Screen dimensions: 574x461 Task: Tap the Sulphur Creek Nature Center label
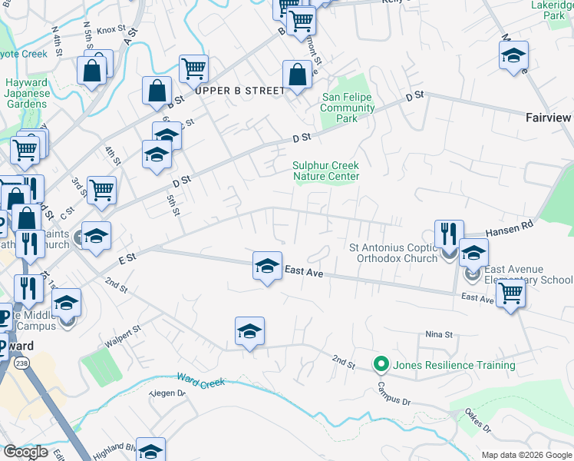[x=326, y=171]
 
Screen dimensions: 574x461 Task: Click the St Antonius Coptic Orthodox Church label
[x=393, y=253]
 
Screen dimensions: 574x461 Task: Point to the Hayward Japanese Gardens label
[x=28, y=94]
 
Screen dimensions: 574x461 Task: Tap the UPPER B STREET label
[x=239, y=91]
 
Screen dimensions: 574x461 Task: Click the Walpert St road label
[x=124, y=336]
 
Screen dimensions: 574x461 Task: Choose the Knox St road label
[x=111, y=30]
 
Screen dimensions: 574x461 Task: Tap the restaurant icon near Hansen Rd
[x=449, y=234]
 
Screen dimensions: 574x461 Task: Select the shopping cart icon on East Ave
[x=510, y=293]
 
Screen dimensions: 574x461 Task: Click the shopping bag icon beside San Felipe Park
[x=297, y=75]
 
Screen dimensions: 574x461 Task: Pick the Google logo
[x=26, y=453]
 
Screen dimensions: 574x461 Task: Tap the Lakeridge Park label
[x=553, y=10]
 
